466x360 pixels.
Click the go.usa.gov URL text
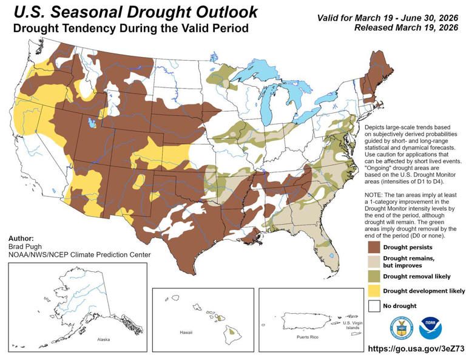click(416, 349)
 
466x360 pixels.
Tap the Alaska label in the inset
click(95, 341)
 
